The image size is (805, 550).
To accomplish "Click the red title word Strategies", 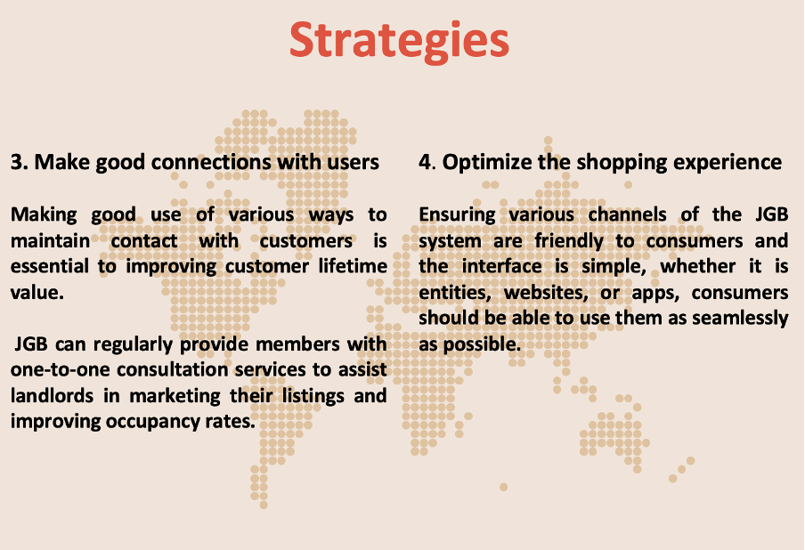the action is (x=400, y=41).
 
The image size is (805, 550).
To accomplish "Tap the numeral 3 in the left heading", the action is (x=17, y=162).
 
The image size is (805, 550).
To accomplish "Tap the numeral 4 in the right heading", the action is (x=426, y=162).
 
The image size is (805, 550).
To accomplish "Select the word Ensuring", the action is (x=458, y=214).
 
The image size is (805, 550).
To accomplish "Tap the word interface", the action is (x=501, y=266).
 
